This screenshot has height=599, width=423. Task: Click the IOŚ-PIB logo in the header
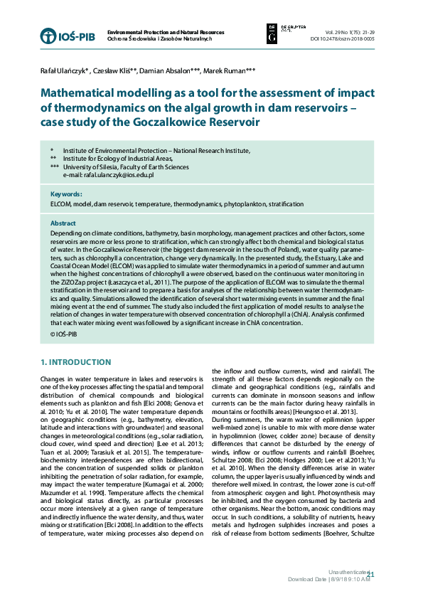coord(68,36)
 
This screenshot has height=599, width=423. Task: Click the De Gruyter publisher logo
coord(277,32)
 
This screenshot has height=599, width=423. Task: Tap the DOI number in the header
coord(348,39)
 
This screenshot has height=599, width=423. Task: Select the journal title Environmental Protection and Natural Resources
coord(165,33)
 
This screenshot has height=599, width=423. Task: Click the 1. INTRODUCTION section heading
coord(76,362)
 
